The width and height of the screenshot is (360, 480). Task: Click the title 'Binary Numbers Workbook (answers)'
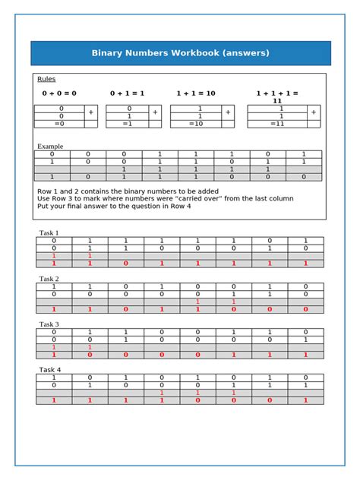180,53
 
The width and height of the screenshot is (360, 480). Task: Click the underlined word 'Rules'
46,79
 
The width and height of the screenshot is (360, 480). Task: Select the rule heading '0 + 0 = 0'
58,93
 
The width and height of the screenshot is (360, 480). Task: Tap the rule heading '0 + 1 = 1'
127,93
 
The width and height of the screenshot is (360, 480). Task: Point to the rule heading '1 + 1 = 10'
196,93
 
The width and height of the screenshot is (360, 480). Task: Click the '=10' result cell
196,124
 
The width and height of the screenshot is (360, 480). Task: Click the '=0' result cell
59,124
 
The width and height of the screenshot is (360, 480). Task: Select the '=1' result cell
128,124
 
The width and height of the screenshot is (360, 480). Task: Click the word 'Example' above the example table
50,146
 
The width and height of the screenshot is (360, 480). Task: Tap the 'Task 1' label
49,232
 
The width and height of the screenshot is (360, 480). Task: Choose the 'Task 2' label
49,279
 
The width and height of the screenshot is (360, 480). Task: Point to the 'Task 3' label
49,324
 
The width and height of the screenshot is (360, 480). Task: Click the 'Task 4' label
49,370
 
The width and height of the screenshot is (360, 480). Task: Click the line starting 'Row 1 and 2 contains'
128,191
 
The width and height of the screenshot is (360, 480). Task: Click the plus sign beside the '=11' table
314,112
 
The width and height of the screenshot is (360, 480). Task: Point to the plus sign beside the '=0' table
91,112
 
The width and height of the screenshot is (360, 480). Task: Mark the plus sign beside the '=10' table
229,112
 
